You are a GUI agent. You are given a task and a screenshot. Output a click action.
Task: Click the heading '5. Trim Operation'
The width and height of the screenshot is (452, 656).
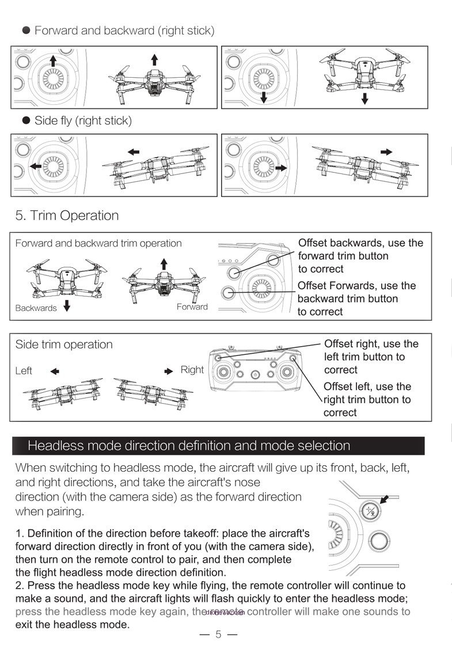click(67, 215)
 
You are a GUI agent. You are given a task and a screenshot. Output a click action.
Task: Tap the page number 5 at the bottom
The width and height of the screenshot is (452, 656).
click(218, 635)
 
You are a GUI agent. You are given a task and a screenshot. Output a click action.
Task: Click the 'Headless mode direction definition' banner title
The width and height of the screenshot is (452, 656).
click(189, 446)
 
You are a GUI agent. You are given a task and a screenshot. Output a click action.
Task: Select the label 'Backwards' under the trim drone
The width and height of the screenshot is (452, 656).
click(36, 308)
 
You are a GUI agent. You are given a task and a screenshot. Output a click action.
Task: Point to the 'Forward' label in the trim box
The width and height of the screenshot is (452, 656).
click(192, 306)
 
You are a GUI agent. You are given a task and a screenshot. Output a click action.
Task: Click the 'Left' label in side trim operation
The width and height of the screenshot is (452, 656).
click(24, 371)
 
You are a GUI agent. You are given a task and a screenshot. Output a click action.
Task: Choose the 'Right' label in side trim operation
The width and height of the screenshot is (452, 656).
click(192, 370)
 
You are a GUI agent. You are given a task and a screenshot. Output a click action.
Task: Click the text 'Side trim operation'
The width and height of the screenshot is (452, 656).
click(64, 344)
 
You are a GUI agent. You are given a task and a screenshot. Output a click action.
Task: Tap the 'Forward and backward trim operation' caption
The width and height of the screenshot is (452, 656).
click(98, 243)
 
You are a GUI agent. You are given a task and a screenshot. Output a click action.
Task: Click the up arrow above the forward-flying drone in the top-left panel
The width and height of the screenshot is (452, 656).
click(154, 59)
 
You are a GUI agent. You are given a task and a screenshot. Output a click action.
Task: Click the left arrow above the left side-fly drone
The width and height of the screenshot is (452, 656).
click(134, 151)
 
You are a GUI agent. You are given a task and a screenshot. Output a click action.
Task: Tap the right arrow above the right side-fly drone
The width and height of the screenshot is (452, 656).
click(387, 151)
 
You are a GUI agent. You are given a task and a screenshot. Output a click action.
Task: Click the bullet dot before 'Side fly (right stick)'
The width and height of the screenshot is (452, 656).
click(26, 120)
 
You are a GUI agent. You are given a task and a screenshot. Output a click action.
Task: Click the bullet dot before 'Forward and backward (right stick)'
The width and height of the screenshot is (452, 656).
click(26, 31)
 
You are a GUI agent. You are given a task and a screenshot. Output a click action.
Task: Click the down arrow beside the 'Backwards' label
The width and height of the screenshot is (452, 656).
click(67, 306)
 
